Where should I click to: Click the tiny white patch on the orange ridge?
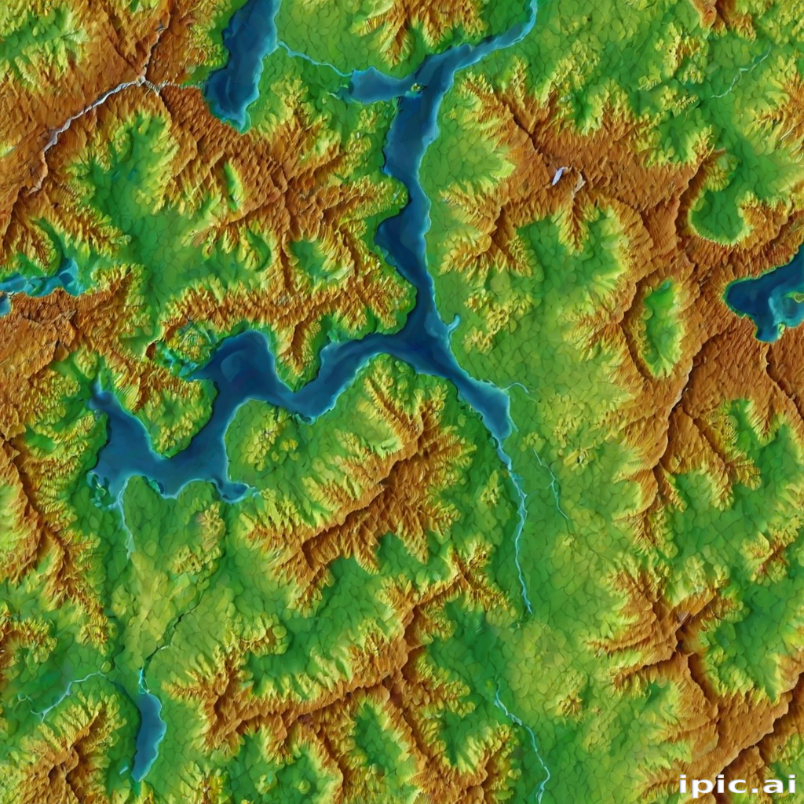pyautogui.click(x=558, y=175)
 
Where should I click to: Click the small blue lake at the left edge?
pyautogui.click(x=39, y=281)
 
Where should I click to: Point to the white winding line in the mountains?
pyautogui.click(x=86, y=114)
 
